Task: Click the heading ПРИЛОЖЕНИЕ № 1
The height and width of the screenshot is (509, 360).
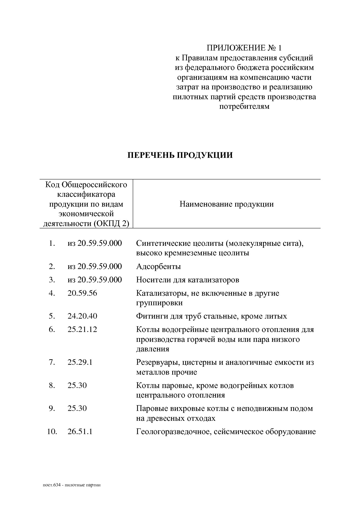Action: [x=244, y=48]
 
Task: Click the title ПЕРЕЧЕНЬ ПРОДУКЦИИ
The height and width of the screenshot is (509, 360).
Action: [x=180, y=155]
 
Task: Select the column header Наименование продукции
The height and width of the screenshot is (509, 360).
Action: [x=226, y=204]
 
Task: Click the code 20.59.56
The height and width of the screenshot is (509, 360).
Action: [x=82, y=293]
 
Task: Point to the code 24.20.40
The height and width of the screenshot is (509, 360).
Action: [x=82, y=316]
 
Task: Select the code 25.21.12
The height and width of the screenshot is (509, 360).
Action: [x=82, y=329]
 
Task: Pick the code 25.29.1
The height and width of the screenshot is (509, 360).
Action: [x=80, y=362]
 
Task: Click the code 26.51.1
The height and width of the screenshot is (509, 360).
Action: [x=80, y=432]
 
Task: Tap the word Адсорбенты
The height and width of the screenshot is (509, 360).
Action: [x=159, y=266]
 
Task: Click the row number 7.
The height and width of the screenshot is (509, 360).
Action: [x=52, y=362]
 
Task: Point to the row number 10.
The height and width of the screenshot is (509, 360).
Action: [x=52, y=432]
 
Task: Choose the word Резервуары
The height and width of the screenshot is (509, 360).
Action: [x=155, y=362]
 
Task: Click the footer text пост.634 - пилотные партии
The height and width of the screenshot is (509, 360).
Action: [x=71, y=485]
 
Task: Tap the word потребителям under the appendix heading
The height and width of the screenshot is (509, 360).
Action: [x=244, y=107]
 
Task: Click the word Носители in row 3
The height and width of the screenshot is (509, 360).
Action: [x=150, y=280]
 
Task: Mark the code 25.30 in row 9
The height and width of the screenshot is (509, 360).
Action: [x=77, y=408]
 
